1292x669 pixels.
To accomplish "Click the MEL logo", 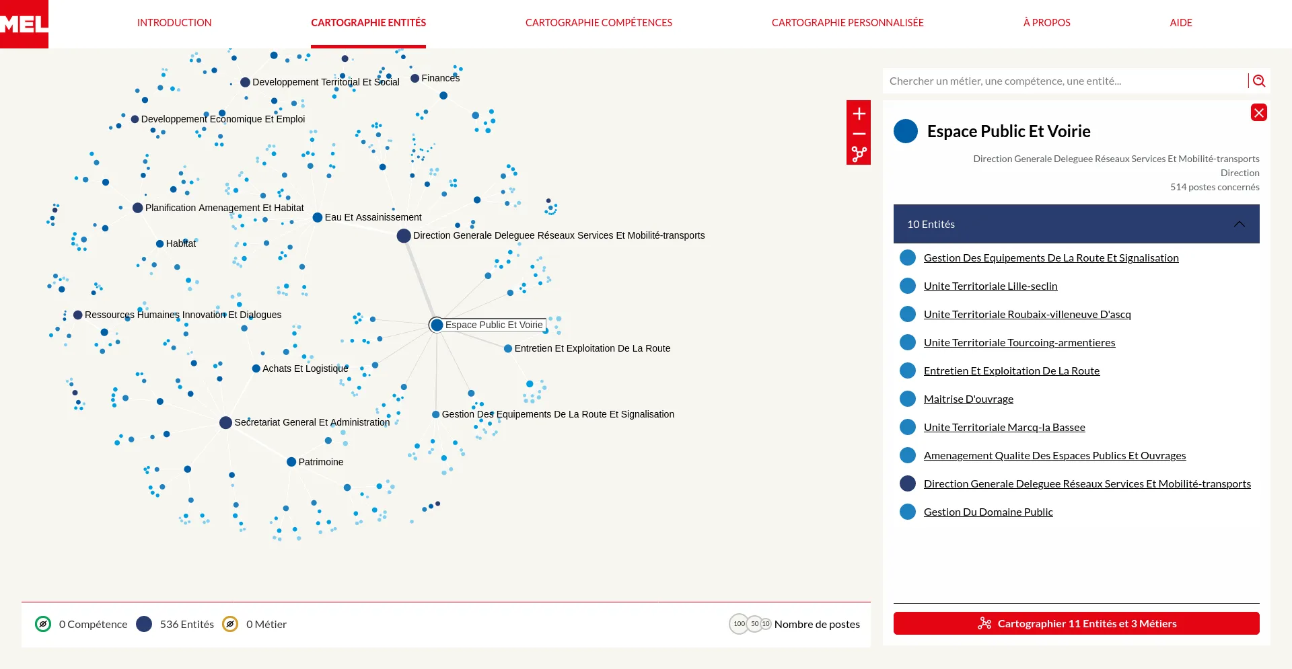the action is pos(24,24).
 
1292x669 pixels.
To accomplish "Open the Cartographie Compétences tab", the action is pos(599,23).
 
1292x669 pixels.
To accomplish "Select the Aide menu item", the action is pos(1181,23).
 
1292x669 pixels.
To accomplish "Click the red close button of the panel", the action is pos(1259,112).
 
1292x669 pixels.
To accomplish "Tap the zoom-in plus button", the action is pos(859,114).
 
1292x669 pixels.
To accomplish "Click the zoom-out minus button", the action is pos(859,134).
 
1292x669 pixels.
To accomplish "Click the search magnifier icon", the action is pos(1259,81).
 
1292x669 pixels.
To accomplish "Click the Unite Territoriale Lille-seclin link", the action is pos(991,286).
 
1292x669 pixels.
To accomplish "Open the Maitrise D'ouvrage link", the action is pos(968,399).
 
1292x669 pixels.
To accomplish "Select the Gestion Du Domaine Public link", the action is pos(989,512).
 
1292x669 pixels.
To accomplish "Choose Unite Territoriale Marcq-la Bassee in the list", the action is pos(1005,428).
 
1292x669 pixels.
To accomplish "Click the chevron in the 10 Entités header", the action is pos(1240,224).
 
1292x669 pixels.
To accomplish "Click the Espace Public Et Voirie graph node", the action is pos(437,325).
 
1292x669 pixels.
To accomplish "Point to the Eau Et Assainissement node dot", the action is pos(318,217).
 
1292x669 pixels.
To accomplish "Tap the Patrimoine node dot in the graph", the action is pos(291,462).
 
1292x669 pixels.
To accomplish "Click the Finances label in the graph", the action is pos(441,78).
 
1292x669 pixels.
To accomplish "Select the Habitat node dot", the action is pos(160,243).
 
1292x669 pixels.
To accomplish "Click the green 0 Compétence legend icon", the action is pos(43,624).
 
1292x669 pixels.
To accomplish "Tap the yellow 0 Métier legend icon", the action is pos(230,624).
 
